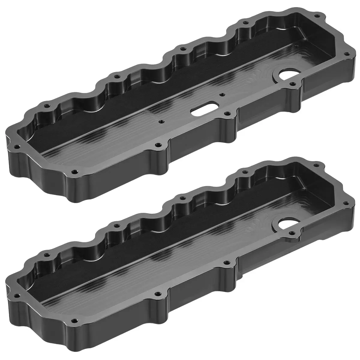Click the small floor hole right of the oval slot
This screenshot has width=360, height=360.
pos(221,94)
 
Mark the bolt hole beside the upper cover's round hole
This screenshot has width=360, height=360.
pos(292,84)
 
